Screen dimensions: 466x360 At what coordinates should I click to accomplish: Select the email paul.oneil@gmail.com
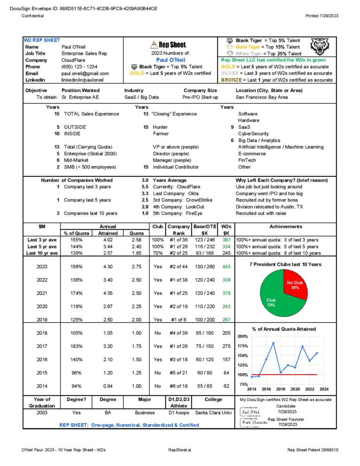click(x=85, y=74)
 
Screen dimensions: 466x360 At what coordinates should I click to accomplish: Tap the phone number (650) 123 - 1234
click(x=79, y=67)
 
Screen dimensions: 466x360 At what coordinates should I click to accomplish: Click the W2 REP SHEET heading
click(x=42, y=40)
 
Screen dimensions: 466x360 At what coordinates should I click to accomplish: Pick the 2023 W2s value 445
click(x=226, y=267)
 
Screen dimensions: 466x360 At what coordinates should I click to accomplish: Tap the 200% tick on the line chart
click(x=243, y=337)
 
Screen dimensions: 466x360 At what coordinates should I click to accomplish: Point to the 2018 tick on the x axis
click(x=280, y=389)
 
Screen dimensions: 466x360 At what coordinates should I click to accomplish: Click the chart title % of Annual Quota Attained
click(x=284, y=329)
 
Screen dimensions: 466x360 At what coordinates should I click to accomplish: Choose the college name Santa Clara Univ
click(x=213, y=413)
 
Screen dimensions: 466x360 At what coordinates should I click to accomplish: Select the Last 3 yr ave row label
click(x=43, y=240)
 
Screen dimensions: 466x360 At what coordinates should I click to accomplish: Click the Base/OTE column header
click(x=204, y=226)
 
